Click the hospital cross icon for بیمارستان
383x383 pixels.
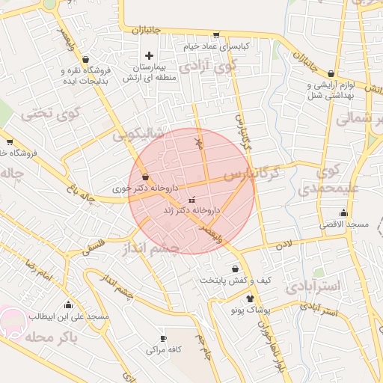click(x=149, y=55)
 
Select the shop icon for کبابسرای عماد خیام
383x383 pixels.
click(x=216, y=34)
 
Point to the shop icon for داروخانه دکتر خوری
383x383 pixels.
click(x=144, y=178)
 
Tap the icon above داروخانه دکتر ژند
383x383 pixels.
click(x=192, y=200)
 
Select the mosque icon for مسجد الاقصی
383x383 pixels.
click(x=343, y=212)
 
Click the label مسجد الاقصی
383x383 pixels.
click(x=343, y=224)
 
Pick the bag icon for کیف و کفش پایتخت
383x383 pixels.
click(x=235, y=268)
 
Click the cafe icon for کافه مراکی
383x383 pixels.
click(x=163, y=339)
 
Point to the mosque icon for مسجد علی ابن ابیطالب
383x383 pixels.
click(x=69, y=304)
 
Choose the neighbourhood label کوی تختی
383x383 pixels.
click(x=37, y=114)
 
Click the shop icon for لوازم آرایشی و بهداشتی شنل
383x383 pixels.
click(x=310, y=85)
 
